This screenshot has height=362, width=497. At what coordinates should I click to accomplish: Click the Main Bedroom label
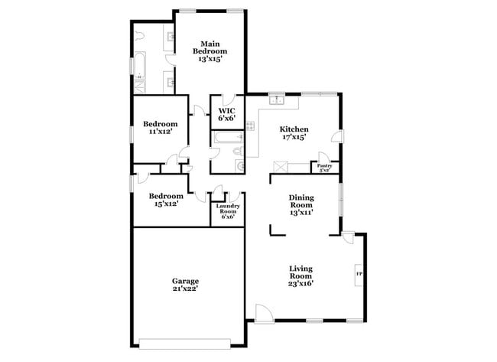[x=210, y=51]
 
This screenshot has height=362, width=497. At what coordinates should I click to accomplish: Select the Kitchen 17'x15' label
[x=294, y=133]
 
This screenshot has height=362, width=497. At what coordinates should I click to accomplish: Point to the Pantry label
[x=323, y=167]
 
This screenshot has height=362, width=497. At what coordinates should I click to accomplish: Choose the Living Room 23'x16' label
[x=300, y=276]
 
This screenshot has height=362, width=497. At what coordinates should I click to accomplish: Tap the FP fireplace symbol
[x=358, y=273]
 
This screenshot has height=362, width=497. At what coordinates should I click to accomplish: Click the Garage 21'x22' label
[x=185, y=285]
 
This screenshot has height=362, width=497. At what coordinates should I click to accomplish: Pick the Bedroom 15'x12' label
[x=164, y=199]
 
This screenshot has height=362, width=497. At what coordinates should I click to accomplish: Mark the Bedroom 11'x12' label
[x=161, y=128]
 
